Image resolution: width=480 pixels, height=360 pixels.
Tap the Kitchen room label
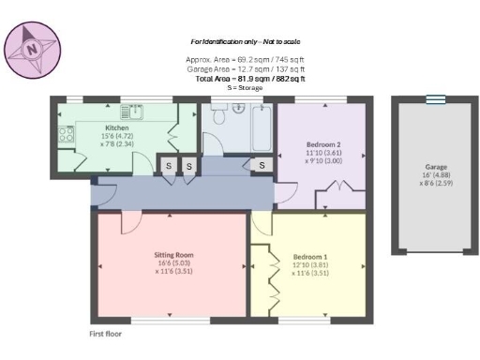point(116,127)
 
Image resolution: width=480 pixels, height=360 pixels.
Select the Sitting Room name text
point(173,254)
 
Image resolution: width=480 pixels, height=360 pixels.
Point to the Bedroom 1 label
point(310,256)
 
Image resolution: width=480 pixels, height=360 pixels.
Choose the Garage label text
point(434,167)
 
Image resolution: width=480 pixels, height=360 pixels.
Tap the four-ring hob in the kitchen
point(67,135)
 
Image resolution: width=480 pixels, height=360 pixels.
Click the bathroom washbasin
point(238,109)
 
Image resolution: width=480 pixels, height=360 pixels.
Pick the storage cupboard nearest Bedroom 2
point(262,166)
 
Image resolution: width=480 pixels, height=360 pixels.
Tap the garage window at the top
point(434,99)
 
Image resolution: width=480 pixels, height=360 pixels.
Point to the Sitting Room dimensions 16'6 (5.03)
point(173,263)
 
